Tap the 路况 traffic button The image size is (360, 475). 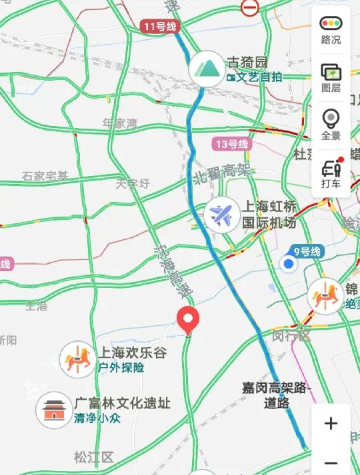(x=331, y=30)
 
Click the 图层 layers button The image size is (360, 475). (x=331, y=77)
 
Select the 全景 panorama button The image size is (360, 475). (x=331, y=125)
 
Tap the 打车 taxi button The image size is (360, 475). (x=331, y=173)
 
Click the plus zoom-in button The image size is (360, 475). (x=331, y=424)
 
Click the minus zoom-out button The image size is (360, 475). (x=331, y=462)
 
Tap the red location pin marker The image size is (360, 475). (x=188, y=321)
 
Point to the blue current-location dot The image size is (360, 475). (x=289, y=265)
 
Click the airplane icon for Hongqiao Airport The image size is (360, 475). (x=223, y=214)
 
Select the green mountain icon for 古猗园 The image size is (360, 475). (x=206, y=67)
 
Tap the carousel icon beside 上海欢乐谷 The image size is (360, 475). (x=77, y=358)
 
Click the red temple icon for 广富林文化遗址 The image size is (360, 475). (x=53, y=409)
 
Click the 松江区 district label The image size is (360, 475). (x=94, y=457)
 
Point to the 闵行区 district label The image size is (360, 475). (x=291, y=336)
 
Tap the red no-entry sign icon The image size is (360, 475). (x=250, y=7)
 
